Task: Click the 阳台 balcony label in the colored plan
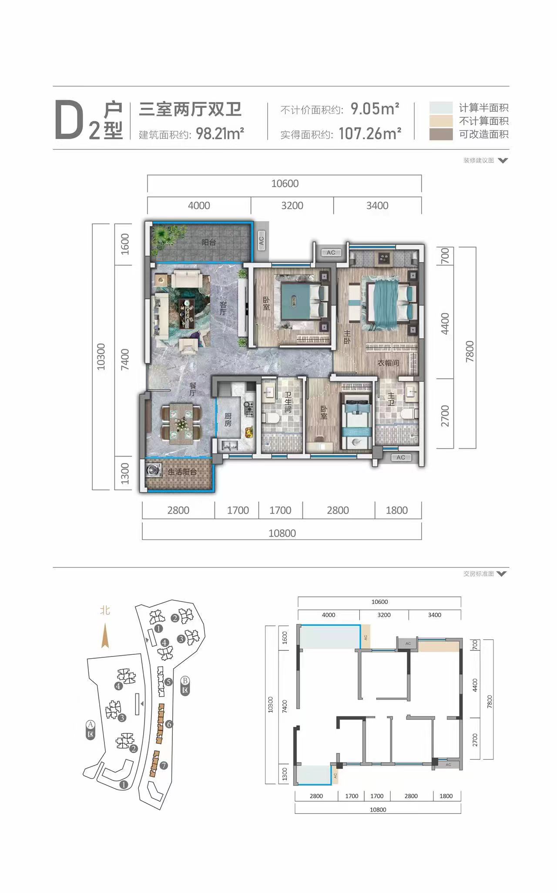(209, 242)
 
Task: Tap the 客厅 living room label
(223, 308)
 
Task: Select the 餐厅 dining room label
(193, 389)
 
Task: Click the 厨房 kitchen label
(228, 420)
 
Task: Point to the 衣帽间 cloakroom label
(388, 363)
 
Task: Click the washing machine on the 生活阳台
(153, 471)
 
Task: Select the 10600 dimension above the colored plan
(285, 183)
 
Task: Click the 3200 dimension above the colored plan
(292, 206)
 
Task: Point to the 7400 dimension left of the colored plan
(125, 360)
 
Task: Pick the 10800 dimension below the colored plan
(282, 533)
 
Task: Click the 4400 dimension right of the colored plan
(444, 323)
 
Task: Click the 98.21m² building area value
(220, 133)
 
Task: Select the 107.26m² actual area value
(370, 133)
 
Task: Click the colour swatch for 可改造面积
(441, 134)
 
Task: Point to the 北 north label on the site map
(105, 610)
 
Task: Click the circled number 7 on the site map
(164, 765)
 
